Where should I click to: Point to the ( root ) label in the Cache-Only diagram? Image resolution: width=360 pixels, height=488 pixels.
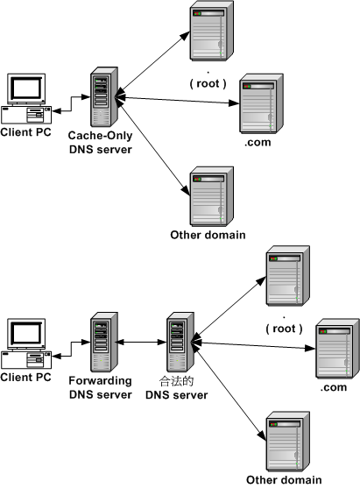pos(208,83)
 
